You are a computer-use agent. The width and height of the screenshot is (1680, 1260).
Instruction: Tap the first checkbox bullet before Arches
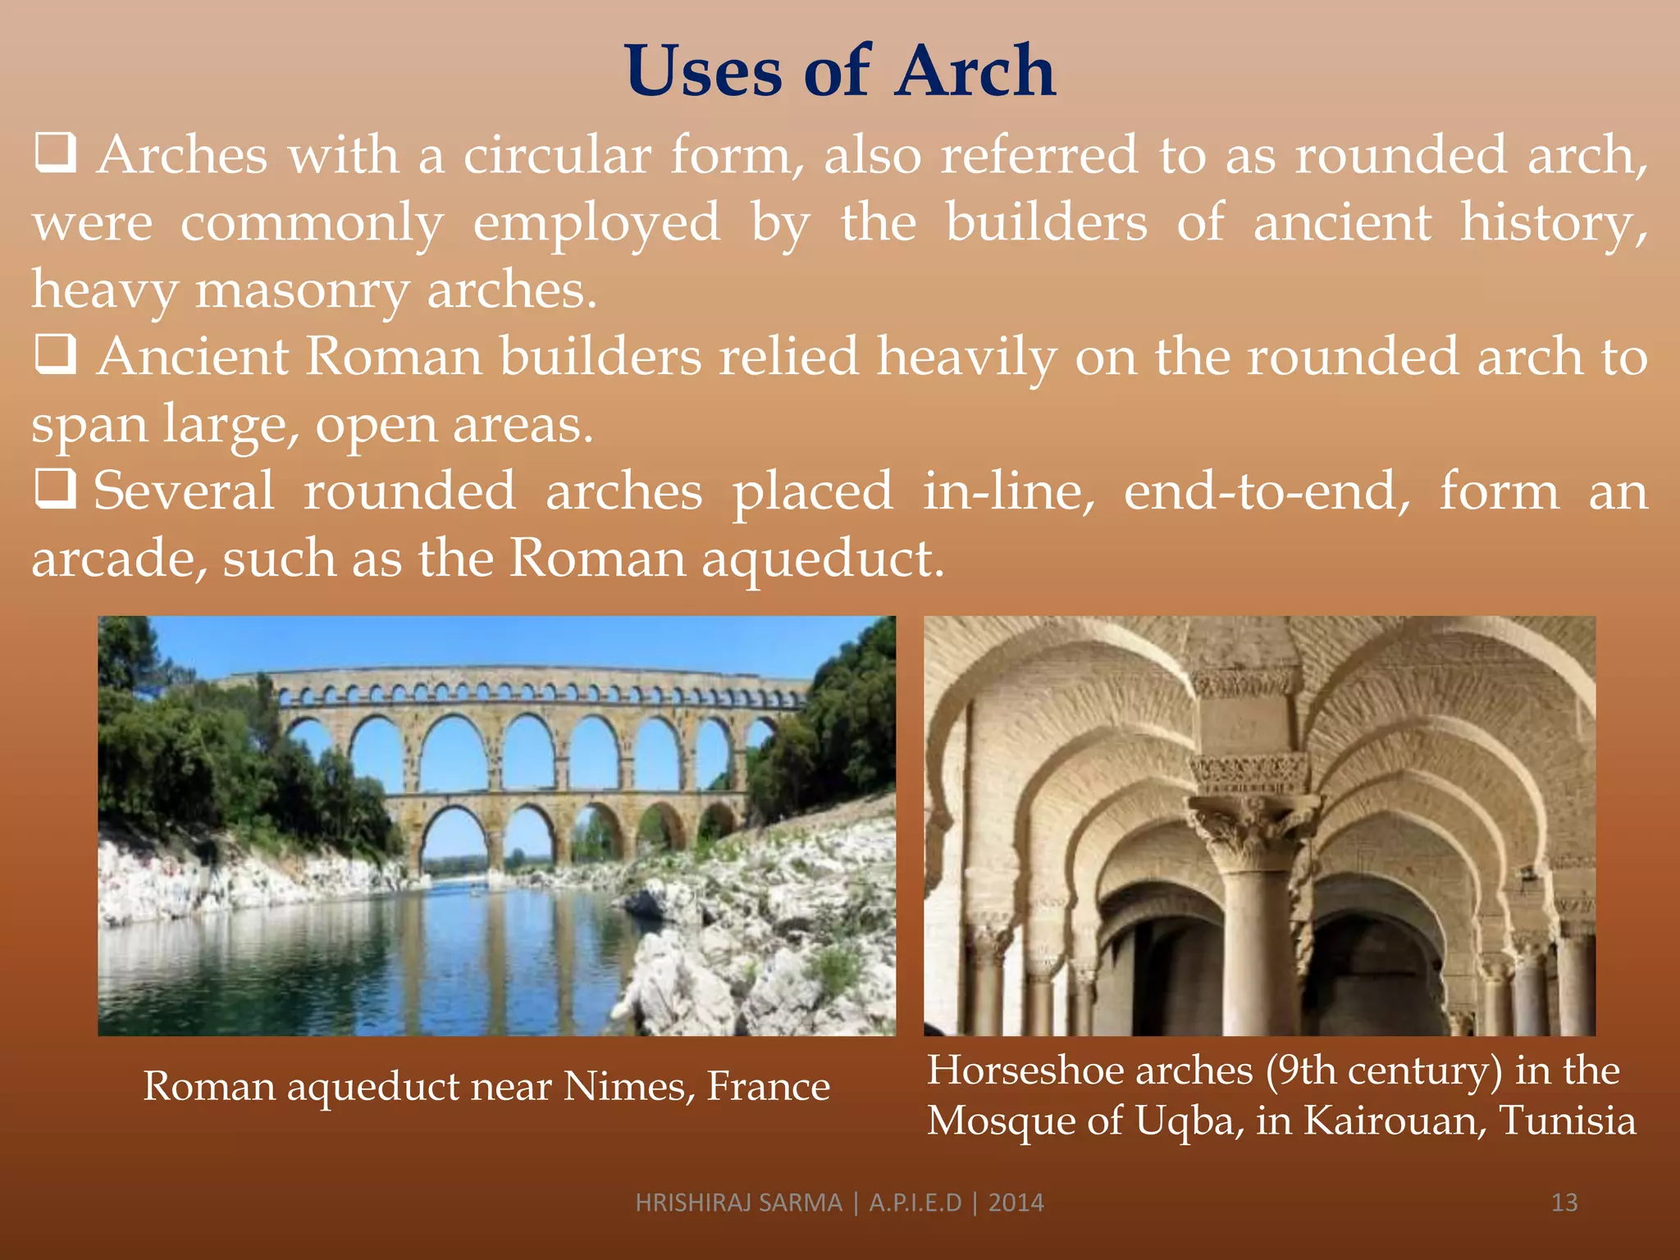(56, 153)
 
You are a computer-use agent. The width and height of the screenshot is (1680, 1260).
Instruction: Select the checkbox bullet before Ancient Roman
(56, 354)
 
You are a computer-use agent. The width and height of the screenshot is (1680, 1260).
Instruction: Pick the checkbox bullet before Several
(56, 489)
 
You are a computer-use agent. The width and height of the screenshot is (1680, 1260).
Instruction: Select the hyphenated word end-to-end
(1267, 491)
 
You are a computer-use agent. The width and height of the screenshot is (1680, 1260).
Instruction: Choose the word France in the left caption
(769, 1086)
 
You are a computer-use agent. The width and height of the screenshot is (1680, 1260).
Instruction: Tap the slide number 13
(1564, 1203)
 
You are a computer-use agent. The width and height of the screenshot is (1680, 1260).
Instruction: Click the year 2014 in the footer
(1016, 1203)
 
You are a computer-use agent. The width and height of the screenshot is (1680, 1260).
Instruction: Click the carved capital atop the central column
(1253, 829)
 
